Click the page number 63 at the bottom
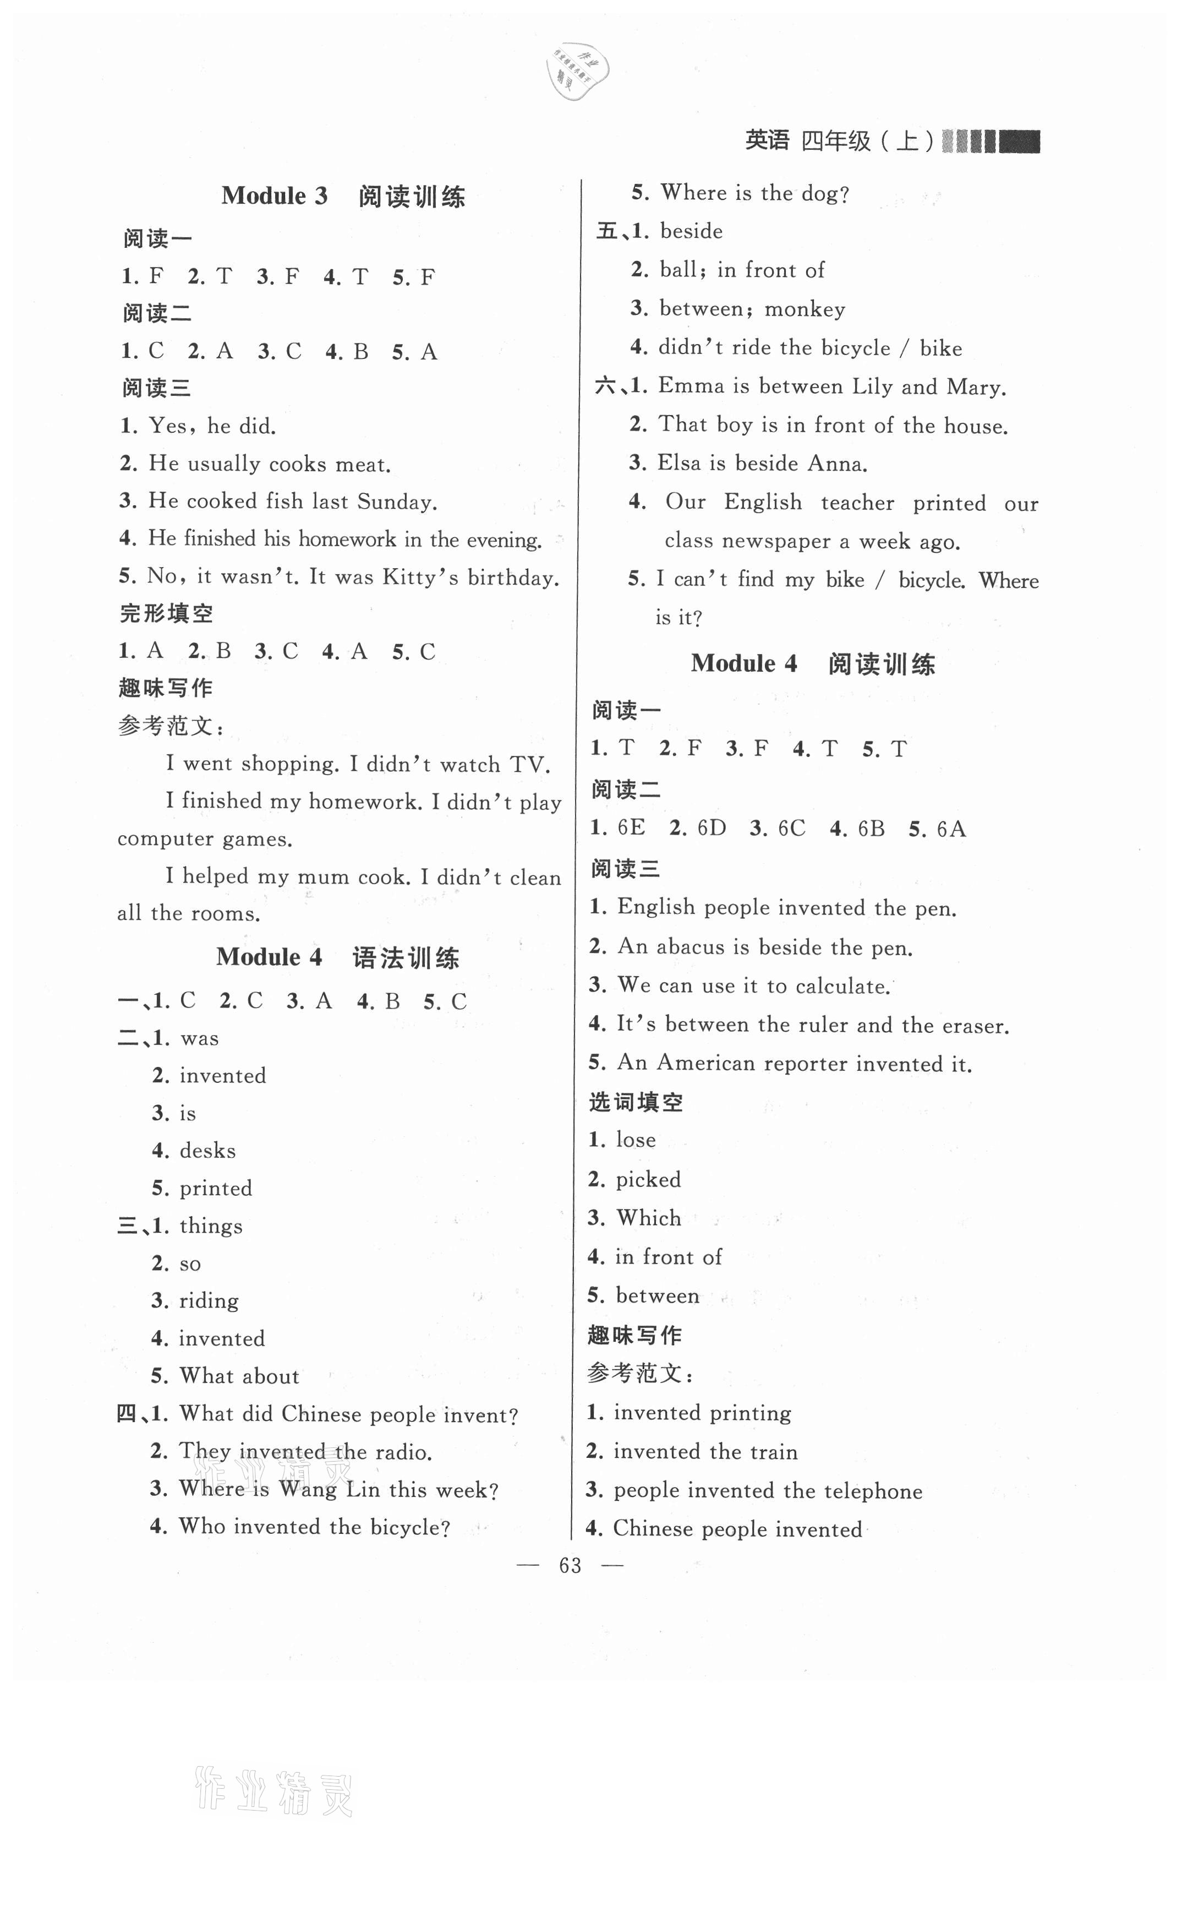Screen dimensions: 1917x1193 (570, 1566)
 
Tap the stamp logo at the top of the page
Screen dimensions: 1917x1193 (577, 70)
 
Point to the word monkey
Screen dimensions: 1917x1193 (805, 309)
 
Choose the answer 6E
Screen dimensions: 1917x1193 (631, 828)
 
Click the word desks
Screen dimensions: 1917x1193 (207, 1151)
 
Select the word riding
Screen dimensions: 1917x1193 (209, 1300)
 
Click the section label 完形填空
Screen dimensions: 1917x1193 (166, 613)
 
